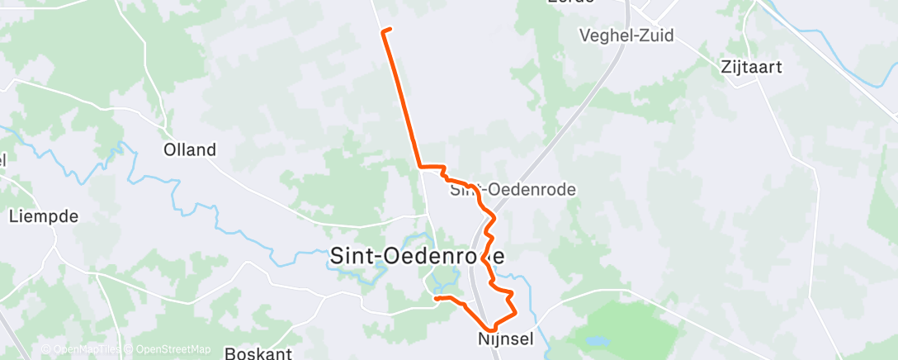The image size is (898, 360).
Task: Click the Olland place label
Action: coord(190,150)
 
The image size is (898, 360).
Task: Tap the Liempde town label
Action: coord(43,217)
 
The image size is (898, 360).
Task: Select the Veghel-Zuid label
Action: coord(626,36)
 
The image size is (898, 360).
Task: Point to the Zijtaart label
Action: coord(751,67)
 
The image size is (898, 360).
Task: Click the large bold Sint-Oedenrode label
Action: coord(417,256)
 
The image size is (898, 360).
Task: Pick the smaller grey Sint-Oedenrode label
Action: coord(513,190)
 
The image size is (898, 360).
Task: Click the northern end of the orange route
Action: coord(385,31)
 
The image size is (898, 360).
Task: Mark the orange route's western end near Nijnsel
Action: coord(435,298)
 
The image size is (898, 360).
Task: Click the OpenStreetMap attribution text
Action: coord(173,349)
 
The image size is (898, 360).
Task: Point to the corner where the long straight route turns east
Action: coord(421,167)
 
